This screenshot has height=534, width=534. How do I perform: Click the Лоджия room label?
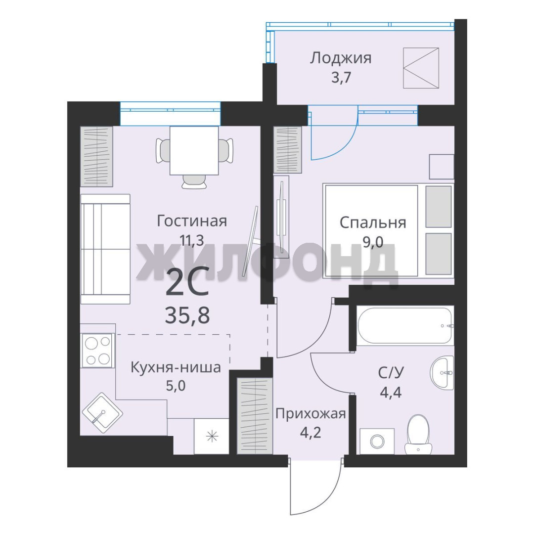[x=340, y=58]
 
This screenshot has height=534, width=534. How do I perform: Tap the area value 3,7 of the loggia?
[x=341, y=78]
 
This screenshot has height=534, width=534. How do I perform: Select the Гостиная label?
[x=192, y=221]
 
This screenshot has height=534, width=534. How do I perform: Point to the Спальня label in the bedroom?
[x=373, y=223]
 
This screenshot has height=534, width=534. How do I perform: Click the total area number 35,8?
[x=187, y=315]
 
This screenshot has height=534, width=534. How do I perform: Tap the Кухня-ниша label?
[x=176, y=368]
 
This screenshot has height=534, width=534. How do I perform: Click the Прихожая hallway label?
[x=311, y=414]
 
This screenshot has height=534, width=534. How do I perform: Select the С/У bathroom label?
[x=391, y=373]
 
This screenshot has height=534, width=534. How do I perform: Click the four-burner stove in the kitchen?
[x=98, y=350]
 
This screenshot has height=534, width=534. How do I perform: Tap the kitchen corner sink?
[x=102, y=413]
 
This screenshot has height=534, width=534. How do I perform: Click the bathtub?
[x=405, y=325]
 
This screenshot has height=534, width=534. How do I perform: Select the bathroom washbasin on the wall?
[x=442, y=373]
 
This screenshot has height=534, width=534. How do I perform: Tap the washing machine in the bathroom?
[x=377, y=442]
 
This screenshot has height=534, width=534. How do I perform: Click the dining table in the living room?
[x=194, y=150]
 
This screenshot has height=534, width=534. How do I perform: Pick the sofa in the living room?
[x=105, y=249]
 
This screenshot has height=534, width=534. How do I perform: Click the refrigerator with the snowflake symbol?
[x=212, y=436]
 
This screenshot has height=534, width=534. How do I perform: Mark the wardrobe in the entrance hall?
[x=255, y=415]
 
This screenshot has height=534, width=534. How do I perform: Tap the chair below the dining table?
[x=194, y=181]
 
